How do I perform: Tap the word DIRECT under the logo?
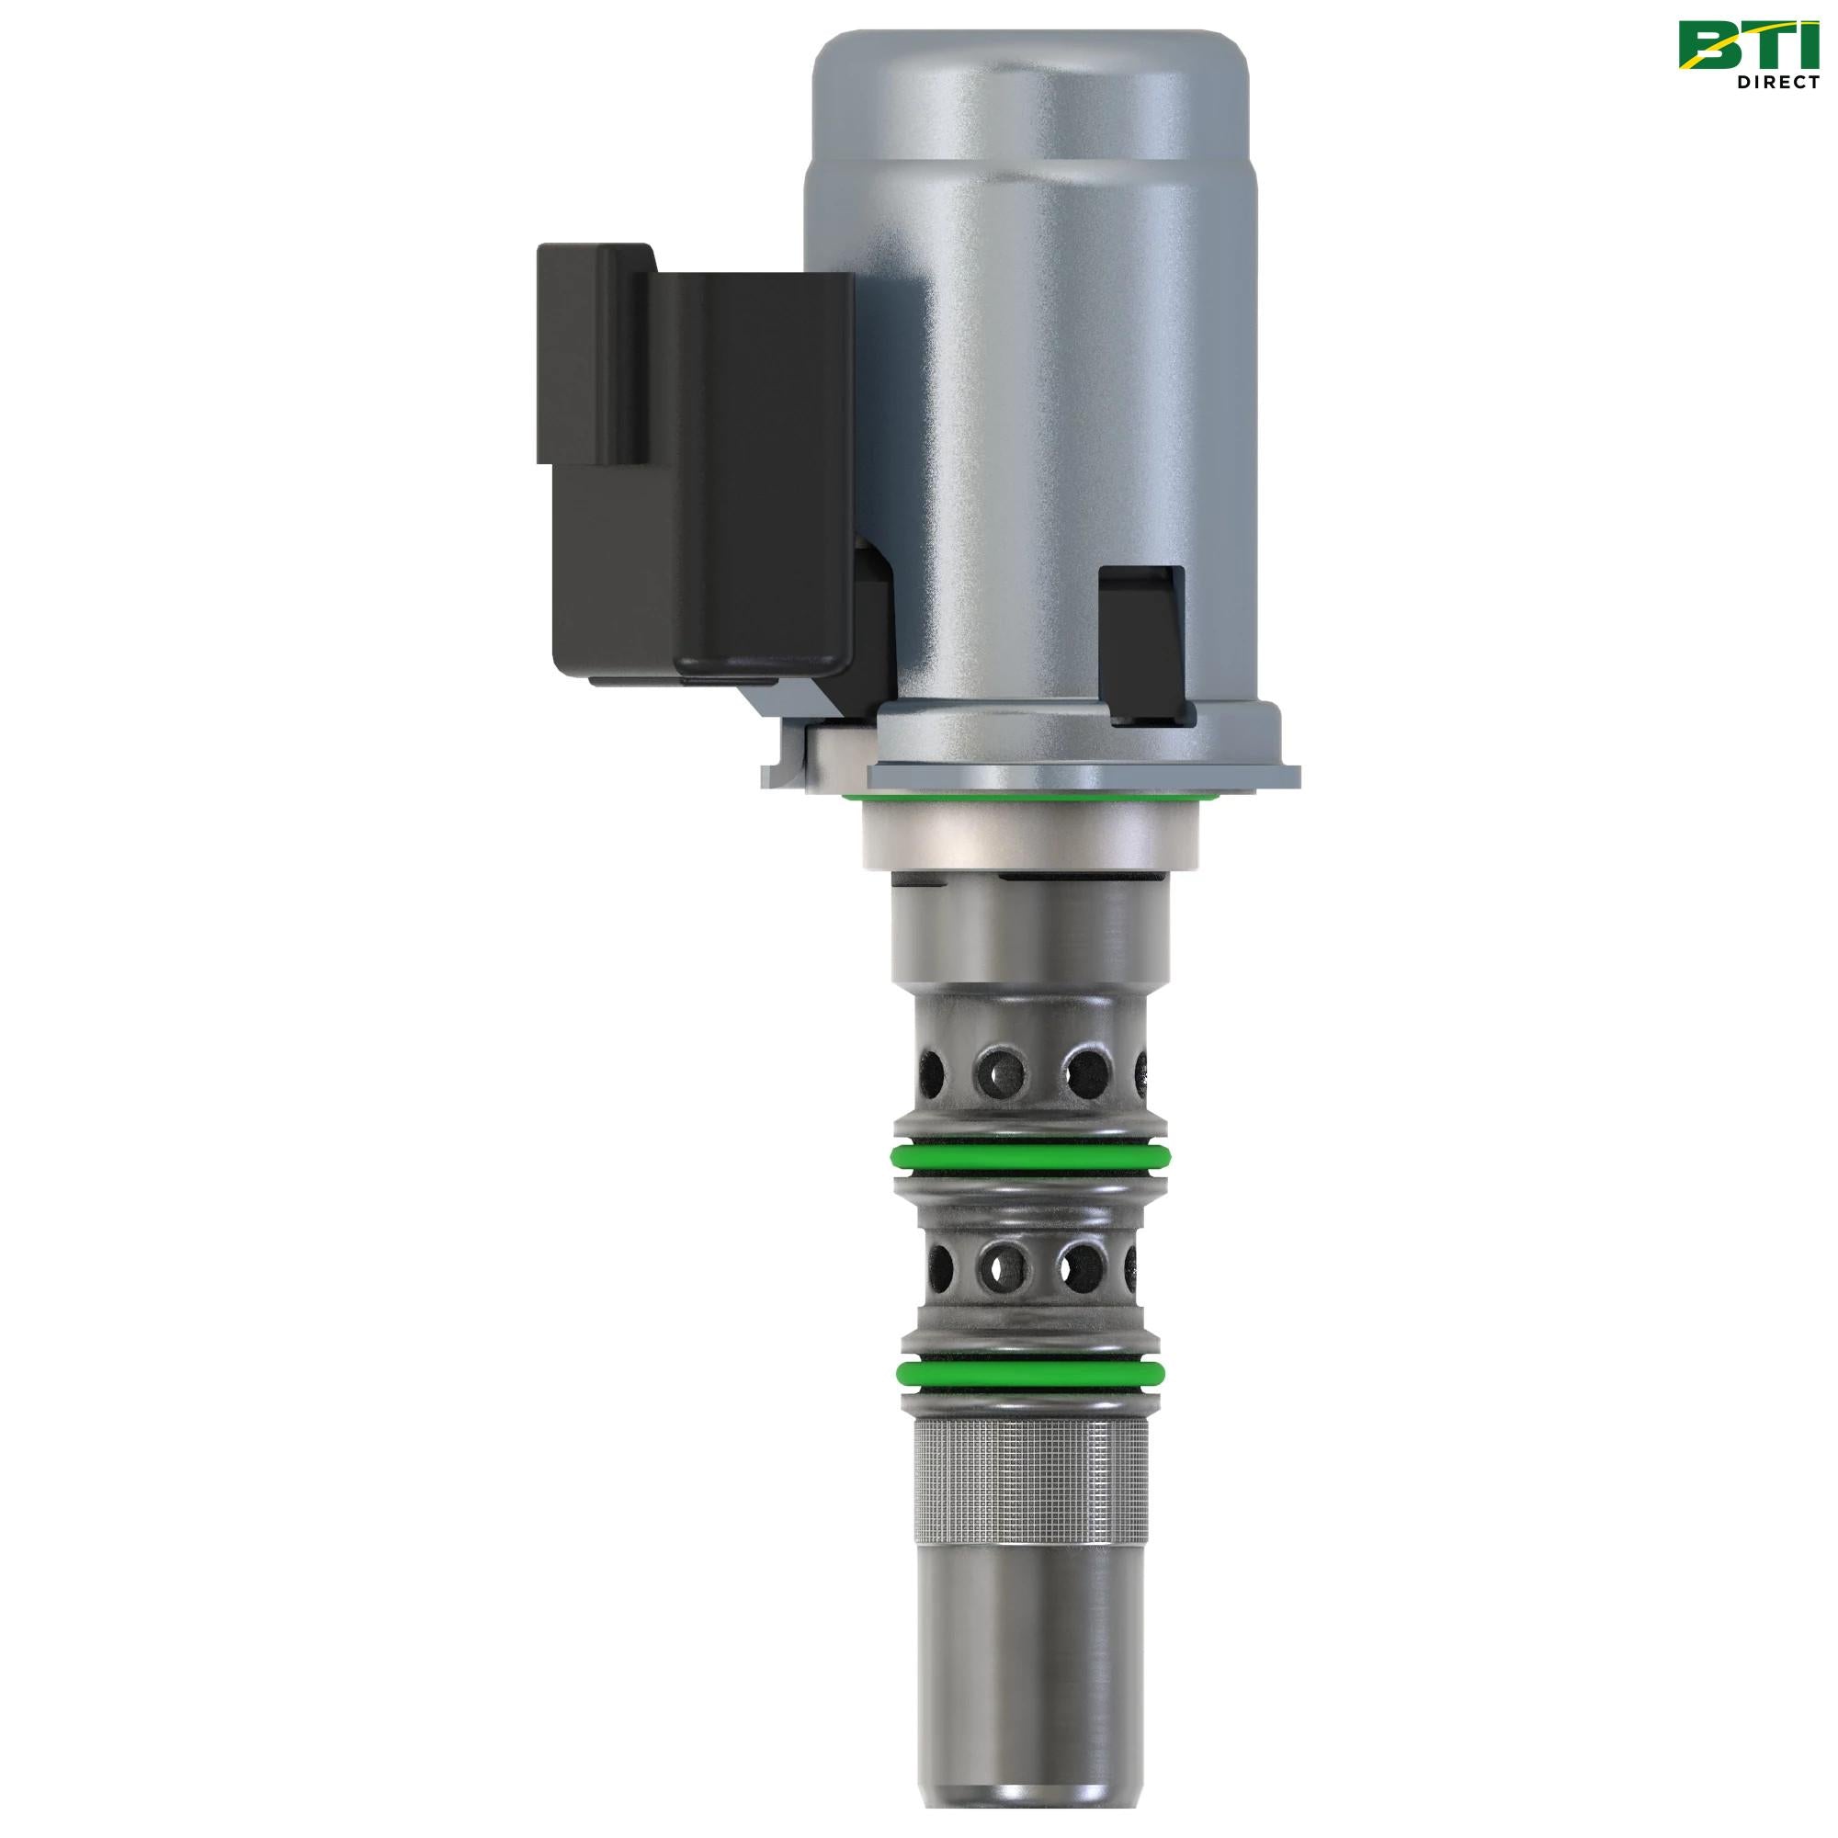[1777, 82]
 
